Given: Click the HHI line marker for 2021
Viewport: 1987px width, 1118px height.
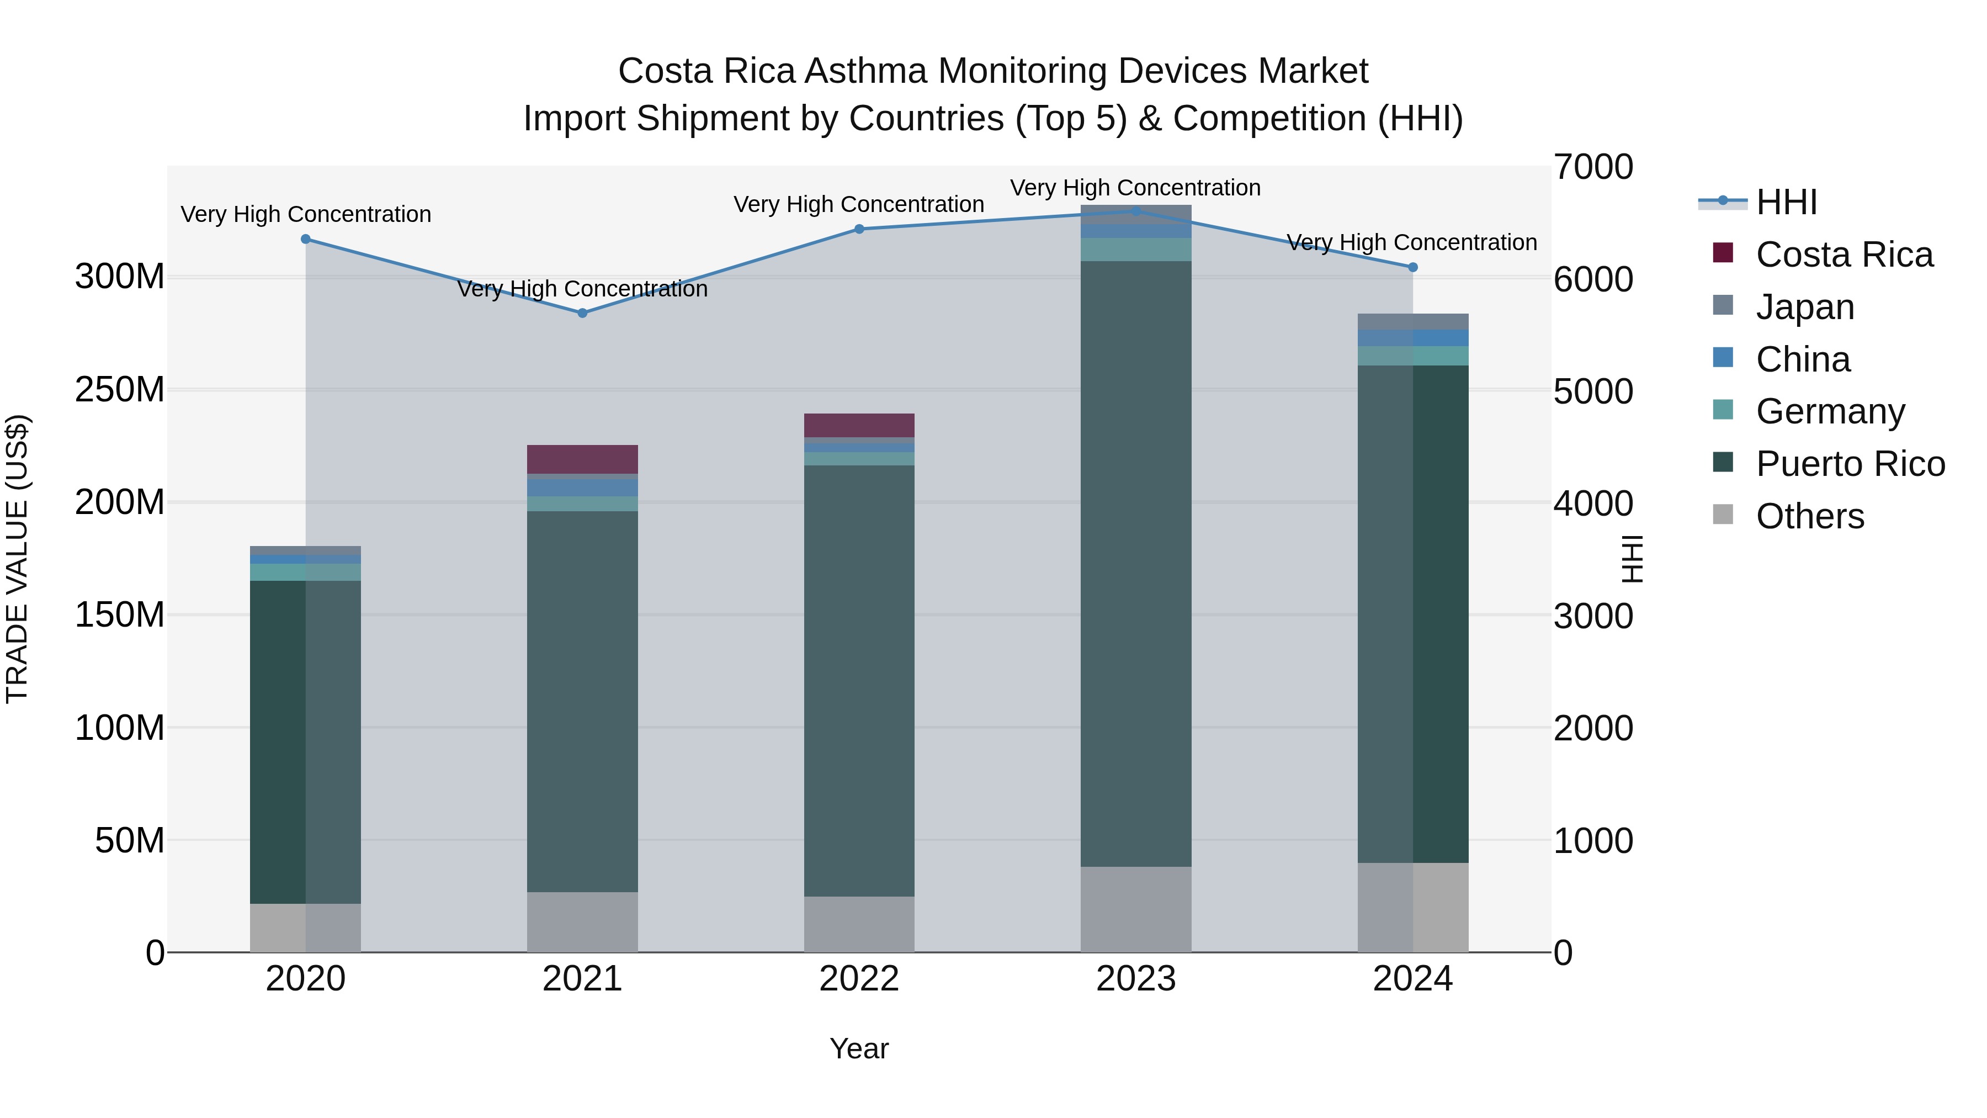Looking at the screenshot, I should click(x=582, y=313).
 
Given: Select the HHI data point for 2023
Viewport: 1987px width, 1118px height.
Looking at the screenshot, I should click(x=1135, y=211).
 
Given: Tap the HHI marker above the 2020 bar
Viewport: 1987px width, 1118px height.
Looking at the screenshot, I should click(x=305, y=239).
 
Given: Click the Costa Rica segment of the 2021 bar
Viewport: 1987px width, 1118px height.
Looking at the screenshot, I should click(x=582, y=459).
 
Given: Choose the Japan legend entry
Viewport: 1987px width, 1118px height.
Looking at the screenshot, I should click(x=1804, y=307).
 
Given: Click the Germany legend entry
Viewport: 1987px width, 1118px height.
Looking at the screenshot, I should click(x=1830, y=411).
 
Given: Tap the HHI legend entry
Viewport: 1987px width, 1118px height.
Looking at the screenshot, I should click(x=1786, y=202).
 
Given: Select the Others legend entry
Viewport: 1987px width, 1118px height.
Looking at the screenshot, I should click(x=1809, y=516).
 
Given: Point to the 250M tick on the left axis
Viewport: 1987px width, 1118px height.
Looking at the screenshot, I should click(x=120, y=390).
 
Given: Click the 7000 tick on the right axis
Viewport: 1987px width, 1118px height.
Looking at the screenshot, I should click(x=1593, y=167).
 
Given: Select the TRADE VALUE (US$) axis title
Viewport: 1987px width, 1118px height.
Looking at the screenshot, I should click(x=17, y=559).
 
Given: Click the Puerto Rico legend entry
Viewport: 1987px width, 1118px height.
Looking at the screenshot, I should click(x=1850, y=464).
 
